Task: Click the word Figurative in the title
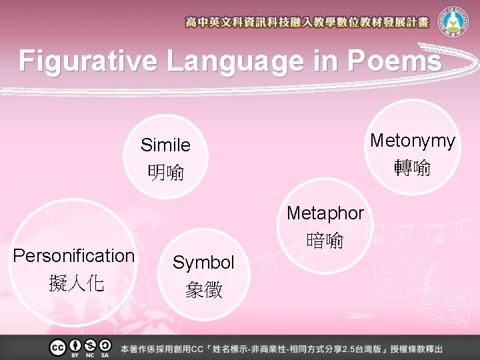pyautogui.click(x=88, y=61)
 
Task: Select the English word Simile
pyautogui.click(x=165, y=145)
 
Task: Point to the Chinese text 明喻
pyautogui.click(x=165, y=173)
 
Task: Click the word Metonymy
pyautogui.click(x=413, y=141)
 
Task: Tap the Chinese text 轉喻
pyautogui.click(x=413, y=167)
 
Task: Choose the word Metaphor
pyautogui.click(x=325, y=213)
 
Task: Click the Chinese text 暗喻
pyautogui.click(x=325, y=240)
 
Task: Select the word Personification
pyautogui.click(x=74, y=256)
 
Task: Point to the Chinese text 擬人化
pyautogui.click(x=76, y=284)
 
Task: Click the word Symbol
pyautogui.click(x=203, y=263)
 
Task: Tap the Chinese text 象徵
pyautogui.click(x=204, y=290)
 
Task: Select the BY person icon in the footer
pyautogui.click(x=74, y=346)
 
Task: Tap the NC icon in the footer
pyautogui.click(x=90, y=346)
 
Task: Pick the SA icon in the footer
pyautogui.click(x=105, y=346)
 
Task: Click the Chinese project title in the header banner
pyautogui.click(x=307, y=23)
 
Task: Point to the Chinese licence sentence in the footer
pyautogui.click(x=281, y=349)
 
